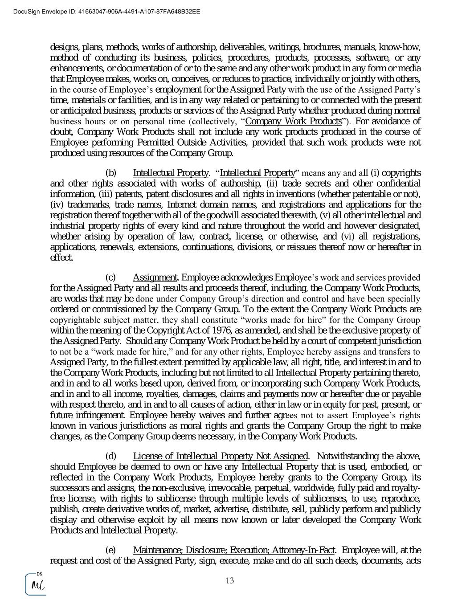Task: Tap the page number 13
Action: click(x=230, y=580)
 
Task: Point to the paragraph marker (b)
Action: click(x=111, y=173)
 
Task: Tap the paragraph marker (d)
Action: click(x=111, y=456)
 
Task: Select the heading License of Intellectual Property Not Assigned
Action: click(x=220, y=456)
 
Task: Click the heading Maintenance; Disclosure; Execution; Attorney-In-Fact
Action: click(x=234, y=550)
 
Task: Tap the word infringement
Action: click(x=98, y=415)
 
